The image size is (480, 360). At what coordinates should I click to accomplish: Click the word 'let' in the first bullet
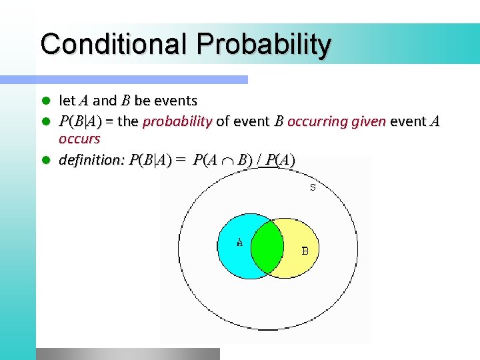click(67, 101)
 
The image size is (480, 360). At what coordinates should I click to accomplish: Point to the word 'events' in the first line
click(175, 101)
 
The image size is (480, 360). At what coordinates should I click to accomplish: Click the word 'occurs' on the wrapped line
click(79, 139)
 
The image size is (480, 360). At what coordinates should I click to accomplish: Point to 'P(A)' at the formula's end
click(280, 160)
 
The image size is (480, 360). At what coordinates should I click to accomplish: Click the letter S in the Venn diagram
click(313, 187)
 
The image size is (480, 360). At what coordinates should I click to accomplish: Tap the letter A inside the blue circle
click(239, 243)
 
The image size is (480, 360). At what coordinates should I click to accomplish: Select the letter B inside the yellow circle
click(305, 251)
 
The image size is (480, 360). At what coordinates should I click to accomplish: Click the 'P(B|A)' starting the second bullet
click(80, 121)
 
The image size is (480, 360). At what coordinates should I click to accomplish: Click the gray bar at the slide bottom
click(127, 353)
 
